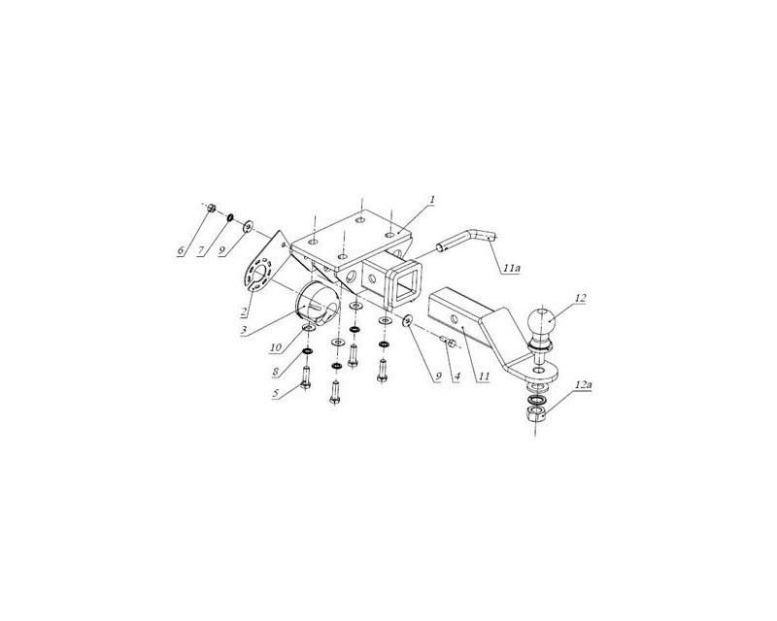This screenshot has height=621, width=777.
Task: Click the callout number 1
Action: pos(432,199)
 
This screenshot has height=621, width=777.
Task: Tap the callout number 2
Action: pos(245,311)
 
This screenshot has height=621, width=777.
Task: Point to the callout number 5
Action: pos(276,393)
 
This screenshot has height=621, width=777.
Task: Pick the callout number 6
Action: pos(182,250)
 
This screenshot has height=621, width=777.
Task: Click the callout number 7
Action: pos(201,250)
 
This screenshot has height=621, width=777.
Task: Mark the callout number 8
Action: pos(277,370)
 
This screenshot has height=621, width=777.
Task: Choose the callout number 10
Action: pos(276,347)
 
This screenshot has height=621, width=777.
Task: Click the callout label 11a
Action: pos(512,268)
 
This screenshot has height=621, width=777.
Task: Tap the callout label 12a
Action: pos(584,384)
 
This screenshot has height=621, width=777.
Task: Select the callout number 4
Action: pos(456,376)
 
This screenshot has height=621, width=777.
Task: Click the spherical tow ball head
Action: pos(542,321)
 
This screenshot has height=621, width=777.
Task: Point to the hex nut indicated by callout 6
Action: pos(211,208)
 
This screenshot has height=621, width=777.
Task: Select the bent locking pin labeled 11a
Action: pos(466,240)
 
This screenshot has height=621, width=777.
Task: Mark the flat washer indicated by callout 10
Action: pos(309,328)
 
